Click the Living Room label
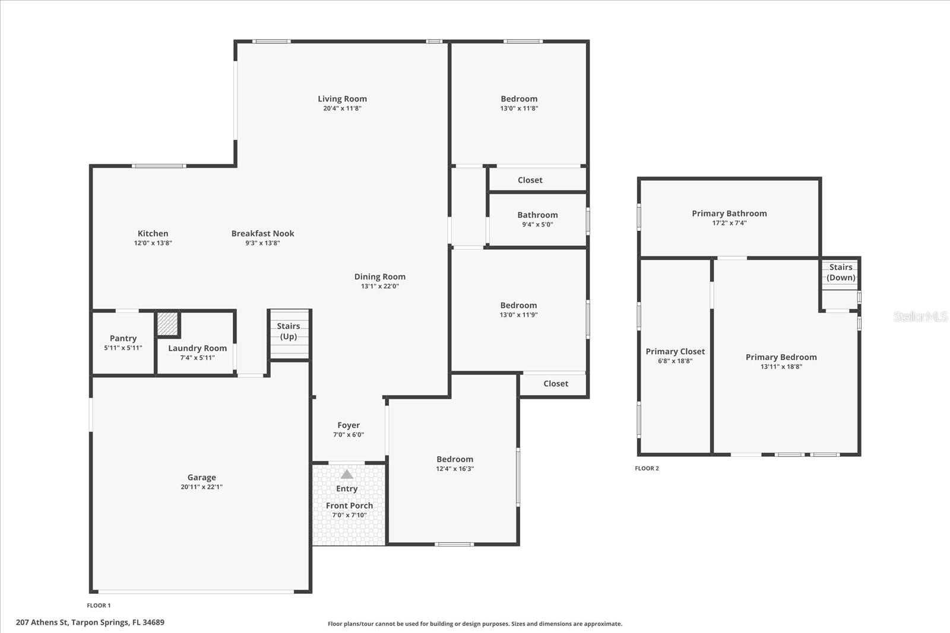(x=342, y=99)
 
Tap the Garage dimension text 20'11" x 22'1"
(x=201, y=487)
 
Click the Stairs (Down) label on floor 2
(x=841, y=272)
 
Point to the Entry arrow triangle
(x=347, y=475)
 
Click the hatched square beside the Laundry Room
(x=167, y=323)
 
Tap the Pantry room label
(x=123, y=338)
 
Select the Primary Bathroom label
(x=729, y=214)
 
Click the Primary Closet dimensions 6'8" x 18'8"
(x=675, y=361)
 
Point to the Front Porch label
(x=349, y=505)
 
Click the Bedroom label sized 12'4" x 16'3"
(x=455, y=459)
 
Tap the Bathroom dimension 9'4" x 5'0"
(x=537, y=225)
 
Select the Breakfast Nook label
(x=262, y=234)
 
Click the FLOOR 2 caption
(x=647, y=469)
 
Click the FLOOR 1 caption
(x=99, y=606)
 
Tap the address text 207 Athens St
(x=90, y=622)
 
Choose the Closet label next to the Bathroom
(x=530, y=180)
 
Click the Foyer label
(x=349, y=425)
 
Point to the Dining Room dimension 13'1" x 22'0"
(x=380, y=287)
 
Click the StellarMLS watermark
(x=920, y=317)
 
